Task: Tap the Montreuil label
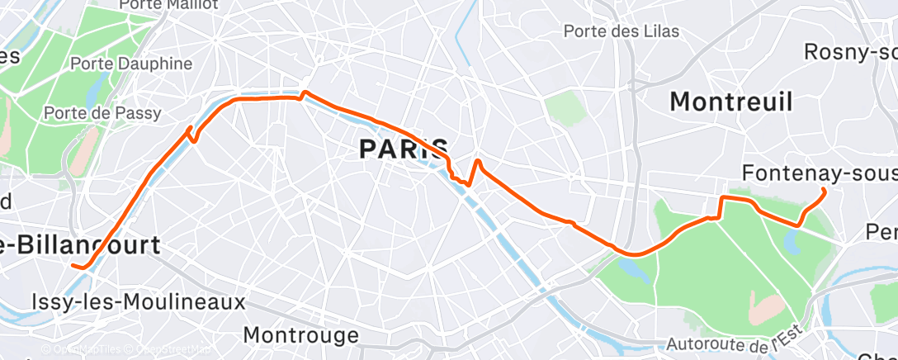[731, 102]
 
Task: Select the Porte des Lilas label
[622, 31]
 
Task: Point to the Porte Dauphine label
[131, 64]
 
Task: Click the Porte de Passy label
[102, 112]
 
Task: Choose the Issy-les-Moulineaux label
[138, 301]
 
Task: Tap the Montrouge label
[302, 335]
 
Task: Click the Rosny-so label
[850, 52]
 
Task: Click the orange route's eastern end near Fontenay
[825, 191]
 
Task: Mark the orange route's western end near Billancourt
[74, 266]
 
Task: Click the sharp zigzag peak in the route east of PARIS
[478, 160]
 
